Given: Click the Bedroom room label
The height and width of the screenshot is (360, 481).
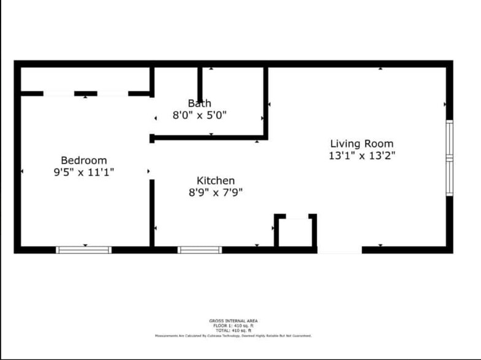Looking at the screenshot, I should tap(83, 160).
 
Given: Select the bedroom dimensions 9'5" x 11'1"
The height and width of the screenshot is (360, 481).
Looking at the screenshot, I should tap(83, 173).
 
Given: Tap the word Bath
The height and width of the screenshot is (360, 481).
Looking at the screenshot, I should tap(200, 103).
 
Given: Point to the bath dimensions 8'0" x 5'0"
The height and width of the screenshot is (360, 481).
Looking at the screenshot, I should tap(200, 115).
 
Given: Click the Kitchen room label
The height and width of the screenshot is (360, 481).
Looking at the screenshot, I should tap(216, 181).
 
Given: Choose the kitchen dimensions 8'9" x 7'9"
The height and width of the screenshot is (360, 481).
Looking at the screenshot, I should tap(216, 192).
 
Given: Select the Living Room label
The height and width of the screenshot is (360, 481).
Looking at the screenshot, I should tap(362, 144).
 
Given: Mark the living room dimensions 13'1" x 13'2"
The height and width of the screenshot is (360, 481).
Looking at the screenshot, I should tap(362, 156).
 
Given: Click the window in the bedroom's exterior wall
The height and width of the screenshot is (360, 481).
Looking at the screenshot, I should tap(84, 250).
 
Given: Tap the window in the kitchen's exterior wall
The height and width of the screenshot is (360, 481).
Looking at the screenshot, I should tap(200, 250).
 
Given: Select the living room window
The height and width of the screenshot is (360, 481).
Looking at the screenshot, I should tap(449, 158).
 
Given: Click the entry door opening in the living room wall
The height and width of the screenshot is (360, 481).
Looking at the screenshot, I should tap(339, 250).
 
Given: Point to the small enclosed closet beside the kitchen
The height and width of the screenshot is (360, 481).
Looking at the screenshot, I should tap(295, 232).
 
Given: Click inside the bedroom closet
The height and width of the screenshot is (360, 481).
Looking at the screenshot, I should tap(86, 79).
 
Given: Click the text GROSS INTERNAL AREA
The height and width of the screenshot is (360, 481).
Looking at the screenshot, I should tap(233, 321).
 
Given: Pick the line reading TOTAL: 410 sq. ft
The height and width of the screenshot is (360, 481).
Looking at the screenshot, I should tap(233, 331).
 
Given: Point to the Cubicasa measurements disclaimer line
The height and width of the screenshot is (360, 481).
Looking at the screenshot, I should tap(233, 336).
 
